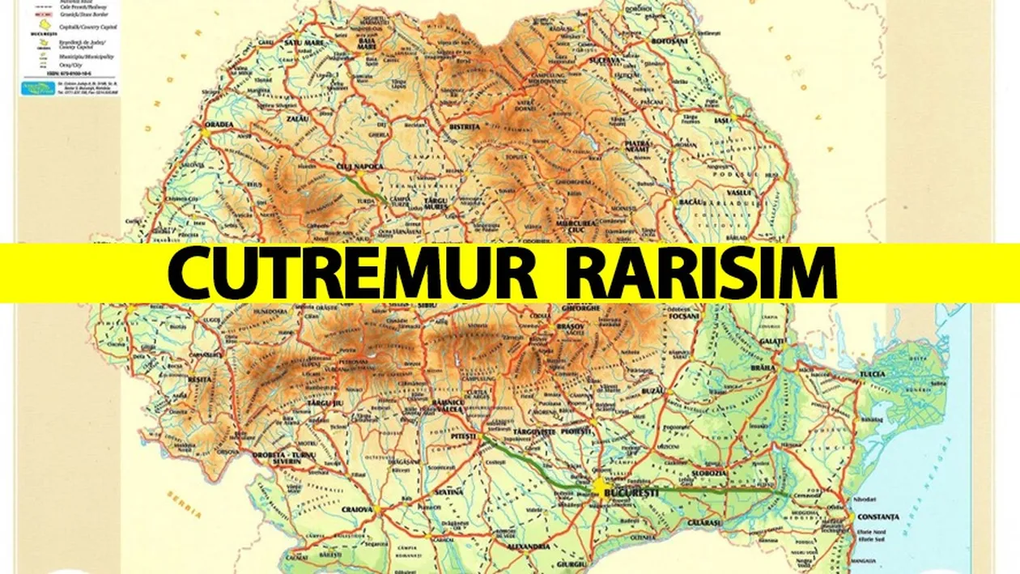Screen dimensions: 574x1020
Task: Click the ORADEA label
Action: (219, 124)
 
